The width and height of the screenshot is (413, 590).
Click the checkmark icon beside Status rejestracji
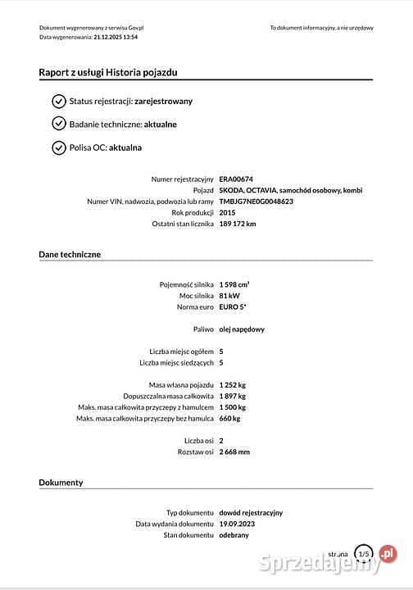58,101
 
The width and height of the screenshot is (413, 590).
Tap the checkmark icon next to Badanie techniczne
58,124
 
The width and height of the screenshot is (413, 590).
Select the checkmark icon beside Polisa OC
58,147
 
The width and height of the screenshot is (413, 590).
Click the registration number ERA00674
236,179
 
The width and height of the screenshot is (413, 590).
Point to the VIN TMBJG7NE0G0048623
256,201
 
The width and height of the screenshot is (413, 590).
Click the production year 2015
227,212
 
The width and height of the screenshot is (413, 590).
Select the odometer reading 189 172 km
238,224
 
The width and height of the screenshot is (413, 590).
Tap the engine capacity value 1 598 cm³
234,284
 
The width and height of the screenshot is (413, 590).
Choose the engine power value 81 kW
229,295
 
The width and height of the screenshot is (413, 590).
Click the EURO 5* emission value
233,306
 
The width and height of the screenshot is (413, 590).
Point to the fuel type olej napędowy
242,329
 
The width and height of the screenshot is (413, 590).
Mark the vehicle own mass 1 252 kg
233,384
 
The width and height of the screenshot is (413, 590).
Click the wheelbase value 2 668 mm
234,452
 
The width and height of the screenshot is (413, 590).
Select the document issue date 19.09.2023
237,524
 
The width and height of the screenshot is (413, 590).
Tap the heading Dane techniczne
70,255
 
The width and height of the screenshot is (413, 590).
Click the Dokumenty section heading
61,483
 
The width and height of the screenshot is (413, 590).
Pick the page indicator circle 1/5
363,555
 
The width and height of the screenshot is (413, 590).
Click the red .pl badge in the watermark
387,554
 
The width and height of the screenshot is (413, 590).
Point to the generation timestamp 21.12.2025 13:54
115,38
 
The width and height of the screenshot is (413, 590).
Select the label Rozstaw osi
195,452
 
